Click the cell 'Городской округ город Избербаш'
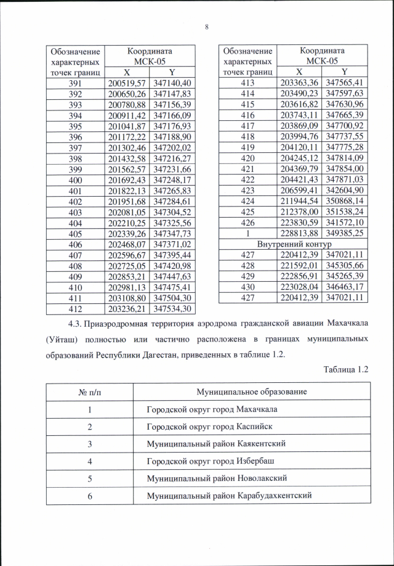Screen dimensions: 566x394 pos(210,461)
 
